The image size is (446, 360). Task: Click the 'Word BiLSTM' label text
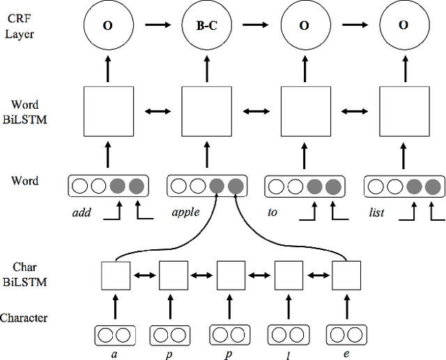tap(25, 111)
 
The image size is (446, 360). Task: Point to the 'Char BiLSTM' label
tap(24, 274)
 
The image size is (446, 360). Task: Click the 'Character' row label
tap(24, 318)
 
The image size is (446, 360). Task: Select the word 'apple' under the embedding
tap(185, 212)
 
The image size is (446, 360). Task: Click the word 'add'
tap(82, 212)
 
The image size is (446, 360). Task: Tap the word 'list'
tap(378, 212)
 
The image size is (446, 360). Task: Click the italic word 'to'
tap(272, 212)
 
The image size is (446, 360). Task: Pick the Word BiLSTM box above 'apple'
tap(206, 111)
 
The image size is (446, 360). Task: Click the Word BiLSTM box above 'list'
tap(404, 111)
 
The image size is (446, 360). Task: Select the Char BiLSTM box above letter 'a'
tap(116, 276)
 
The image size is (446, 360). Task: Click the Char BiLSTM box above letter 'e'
tap(346, 276)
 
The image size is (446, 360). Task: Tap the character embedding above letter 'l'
tap(289, 335)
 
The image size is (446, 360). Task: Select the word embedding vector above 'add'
tap(107, 186)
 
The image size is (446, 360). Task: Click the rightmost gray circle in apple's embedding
tap(236, 186)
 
